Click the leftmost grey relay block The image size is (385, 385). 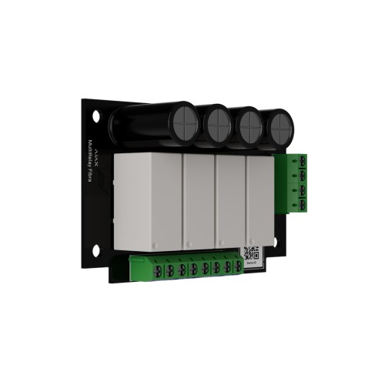click(x=146, y=203)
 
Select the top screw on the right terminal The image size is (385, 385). click(x=303, y=161)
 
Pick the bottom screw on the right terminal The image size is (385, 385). click(x=303, y=203)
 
